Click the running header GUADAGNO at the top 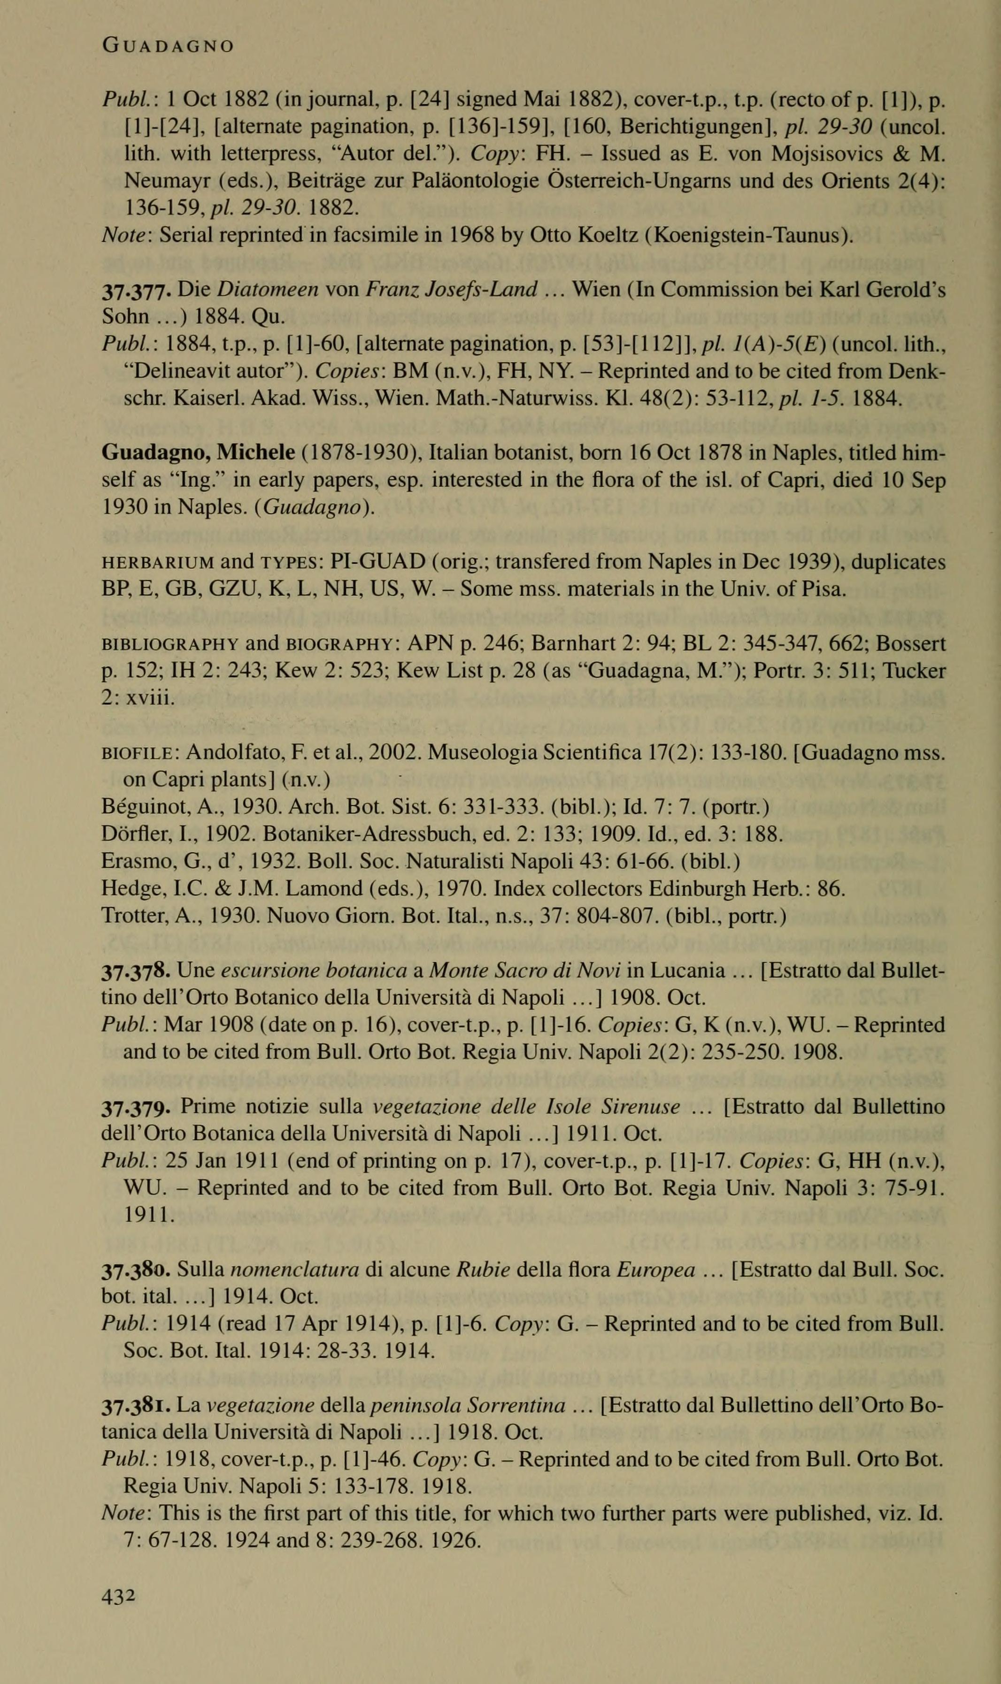click(168, 46)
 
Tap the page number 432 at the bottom click(119, 1590)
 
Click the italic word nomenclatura click(294, 1270)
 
